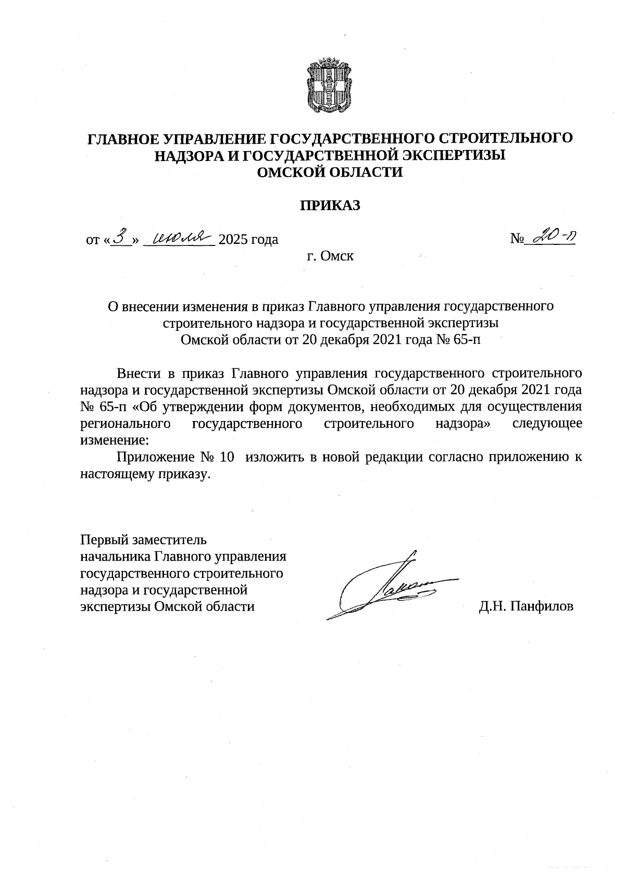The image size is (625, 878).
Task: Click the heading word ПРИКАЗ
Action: [329, 205]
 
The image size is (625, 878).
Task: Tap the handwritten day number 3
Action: [121, 237]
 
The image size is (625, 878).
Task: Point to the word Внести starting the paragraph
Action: [138, 373]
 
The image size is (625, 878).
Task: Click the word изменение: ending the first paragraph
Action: [114, 440]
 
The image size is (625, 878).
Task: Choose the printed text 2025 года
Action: [248, 240]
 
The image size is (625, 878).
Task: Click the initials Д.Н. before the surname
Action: [492, 606]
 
